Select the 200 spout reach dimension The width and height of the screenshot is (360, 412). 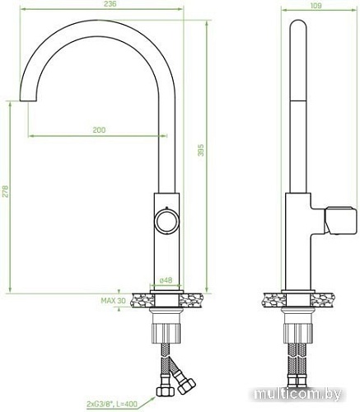pos(100,130)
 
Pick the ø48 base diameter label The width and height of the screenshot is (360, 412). pos(165,280)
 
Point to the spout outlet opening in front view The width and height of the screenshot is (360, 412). pos(29,98)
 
